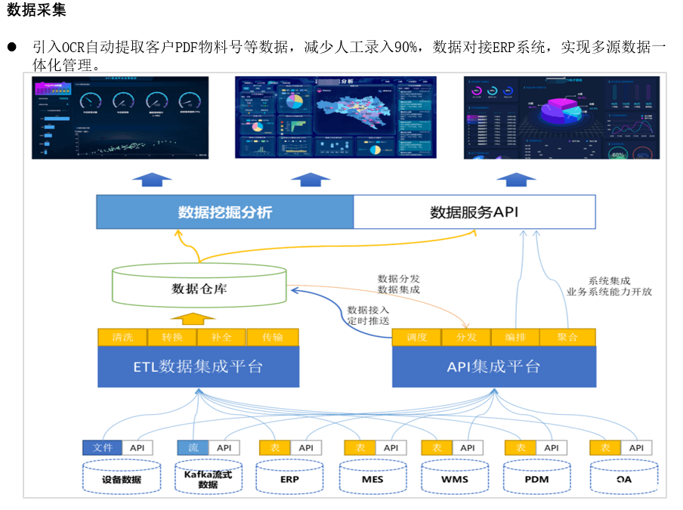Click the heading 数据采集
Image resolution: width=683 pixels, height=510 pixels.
click(37, 11)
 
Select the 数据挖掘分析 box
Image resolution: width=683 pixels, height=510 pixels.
click(224, 212)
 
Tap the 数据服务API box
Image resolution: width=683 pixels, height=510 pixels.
click(474, 212)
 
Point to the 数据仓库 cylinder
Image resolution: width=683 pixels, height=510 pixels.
click(199, 288)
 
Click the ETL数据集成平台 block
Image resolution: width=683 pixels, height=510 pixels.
click(198, 367)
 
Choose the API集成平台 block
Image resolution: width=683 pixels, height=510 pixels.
click(493, 367)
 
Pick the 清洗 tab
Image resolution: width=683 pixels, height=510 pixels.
click(122, 337)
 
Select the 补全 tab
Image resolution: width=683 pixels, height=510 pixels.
click(222, 337)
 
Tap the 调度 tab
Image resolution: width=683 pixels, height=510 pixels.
click(417, 337)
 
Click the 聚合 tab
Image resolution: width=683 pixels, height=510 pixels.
click(568, 337)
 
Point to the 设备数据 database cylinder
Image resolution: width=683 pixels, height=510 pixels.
click(122, 479)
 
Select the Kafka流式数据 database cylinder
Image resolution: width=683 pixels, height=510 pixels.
click(208, 479)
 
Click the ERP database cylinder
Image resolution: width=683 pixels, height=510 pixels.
click(289, 479)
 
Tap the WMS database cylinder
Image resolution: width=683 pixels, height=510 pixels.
click(455, 479)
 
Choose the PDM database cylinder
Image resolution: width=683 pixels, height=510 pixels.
click(536, 479)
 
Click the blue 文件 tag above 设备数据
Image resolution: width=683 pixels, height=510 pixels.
click(102, 448)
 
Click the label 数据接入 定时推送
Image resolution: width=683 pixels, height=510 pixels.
click(368, 315)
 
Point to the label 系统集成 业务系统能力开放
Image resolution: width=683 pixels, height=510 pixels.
click(609, 286)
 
